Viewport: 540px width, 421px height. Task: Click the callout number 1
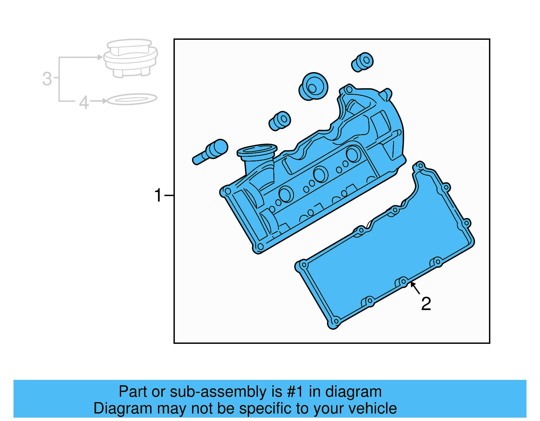pos(158,196)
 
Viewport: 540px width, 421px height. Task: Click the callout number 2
pos(426,304)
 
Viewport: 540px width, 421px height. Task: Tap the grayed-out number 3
pos(47,79)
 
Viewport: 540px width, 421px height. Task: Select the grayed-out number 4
pos(84,102)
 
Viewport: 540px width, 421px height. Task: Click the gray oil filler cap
pos(130,58)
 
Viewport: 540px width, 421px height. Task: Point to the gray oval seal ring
pos(132,99)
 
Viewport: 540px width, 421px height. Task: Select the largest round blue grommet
pos(314,87)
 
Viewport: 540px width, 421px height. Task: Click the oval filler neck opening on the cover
pos(257,150)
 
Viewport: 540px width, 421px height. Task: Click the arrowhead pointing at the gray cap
pos(100,57)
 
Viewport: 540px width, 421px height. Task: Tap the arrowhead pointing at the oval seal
pos(105,101)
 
